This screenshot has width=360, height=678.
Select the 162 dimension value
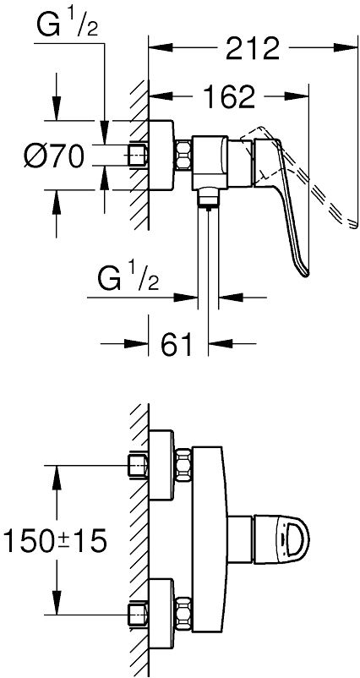230,96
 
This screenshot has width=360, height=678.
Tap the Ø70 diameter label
53,156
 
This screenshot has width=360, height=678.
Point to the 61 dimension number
177,344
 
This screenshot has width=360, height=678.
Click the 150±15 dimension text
54,540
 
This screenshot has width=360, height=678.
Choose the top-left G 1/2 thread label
67,25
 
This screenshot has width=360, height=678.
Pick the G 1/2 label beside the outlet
128,280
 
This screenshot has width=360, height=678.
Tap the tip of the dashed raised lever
353,223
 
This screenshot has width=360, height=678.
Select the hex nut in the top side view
183,155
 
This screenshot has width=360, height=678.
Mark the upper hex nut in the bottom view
183,465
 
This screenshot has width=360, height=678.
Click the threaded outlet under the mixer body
208,199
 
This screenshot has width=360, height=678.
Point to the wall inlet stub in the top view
139,155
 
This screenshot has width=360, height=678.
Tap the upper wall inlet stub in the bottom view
139,465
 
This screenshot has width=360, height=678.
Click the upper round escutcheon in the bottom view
161,465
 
